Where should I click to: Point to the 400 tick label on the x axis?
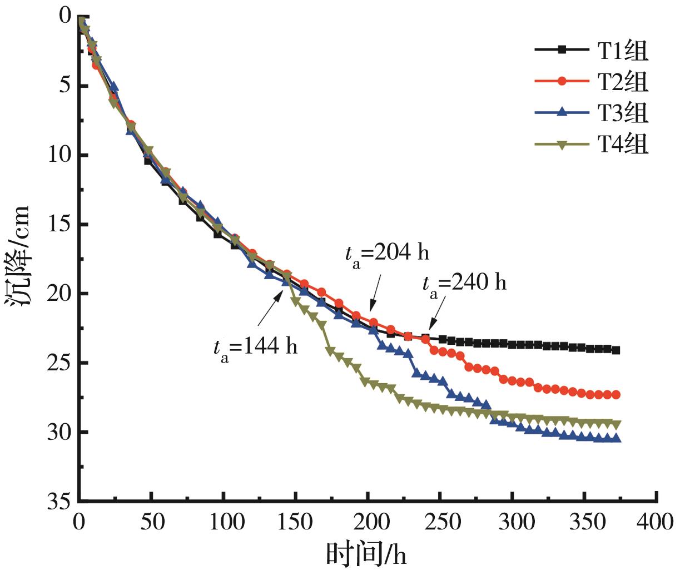click(x=657, y=522)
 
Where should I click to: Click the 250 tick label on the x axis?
click(x=440, y=522)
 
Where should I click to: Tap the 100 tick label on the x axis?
click(x=224, y=522)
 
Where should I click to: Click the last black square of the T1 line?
click(x=616, y=350)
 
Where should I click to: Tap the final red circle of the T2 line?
click(x=616, y=395)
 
